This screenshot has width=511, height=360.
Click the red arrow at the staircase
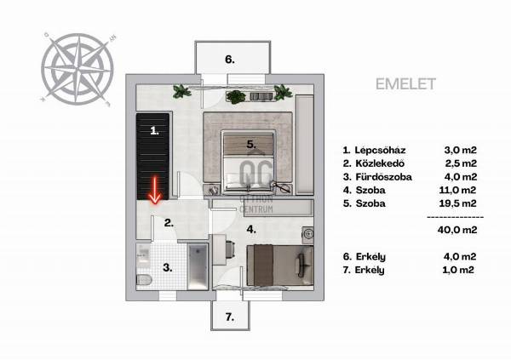pyautogui.click(x=154, y=191)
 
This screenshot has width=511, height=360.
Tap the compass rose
pyautogui.click(x=78, y=69)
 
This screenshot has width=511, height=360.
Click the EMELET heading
pyautogui.click(x=405, y=84)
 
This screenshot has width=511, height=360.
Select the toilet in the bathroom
pyautogui.click(x=144, y=280)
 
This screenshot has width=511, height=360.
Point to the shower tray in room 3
pyautogui.click(x=198, y=266)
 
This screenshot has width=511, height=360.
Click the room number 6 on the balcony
pyautogui.click(x=230, y=60)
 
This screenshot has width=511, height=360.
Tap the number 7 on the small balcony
pyautogui.click(x=230, y=317)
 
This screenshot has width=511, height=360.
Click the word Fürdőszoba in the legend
pyautogui.click(x=383, y=177)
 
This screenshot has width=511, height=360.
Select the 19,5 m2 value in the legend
pyautogui.click(x=457, y=203)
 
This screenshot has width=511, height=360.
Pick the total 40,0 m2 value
pyautogui.click(x=457, y=230)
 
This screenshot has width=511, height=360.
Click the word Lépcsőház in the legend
pyautogui.click(x=380, y=150)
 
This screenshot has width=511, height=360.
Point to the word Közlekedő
pyautogui.click(x=380, y=163)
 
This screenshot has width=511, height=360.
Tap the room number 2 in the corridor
pyautogui.click(x=169, y=223)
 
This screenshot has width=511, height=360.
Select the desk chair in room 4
pyautogui.click(x=229, y=250)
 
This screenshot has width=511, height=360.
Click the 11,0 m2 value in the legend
pyautogui.click(x=457, y=190)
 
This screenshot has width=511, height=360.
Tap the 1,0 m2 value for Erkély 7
pyautogui.click(x=458, y=270)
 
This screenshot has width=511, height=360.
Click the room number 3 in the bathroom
pyautogui.click(x=168, y=268)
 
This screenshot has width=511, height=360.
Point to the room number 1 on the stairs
pyautogui.click(x=154, y=131)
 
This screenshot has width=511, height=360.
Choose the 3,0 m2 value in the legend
pyautogui.click(x=461, y=150)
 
